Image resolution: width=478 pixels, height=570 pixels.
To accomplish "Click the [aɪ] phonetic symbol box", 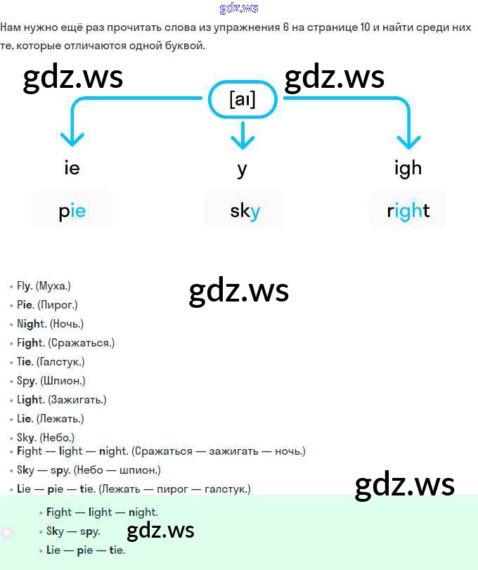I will coord(243,101).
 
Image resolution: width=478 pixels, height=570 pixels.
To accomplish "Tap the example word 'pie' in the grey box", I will coord(72,210).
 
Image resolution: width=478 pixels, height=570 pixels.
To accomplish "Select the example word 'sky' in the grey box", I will coord(245,210).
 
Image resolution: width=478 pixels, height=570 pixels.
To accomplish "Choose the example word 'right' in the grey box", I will coord(408,210).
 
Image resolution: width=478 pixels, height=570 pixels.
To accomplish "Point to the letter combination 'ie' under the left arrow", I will coord(72,168).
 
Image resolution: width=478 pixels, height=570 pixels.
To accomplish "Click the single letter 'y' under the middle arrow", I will coord(243,169).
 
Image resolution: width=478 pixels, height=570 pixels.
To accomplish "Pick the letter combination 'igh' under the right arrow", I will coord(408,168).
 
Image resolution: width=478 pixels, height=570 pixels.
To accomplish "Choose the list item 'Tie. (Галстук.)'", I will coord(51,362).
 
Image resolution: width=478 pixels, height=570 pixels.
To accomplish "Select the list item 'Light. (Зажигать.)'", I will coord(61,400).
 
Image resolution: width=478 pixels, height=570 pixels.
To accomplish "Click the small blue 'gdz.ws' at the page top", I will coord(239,8).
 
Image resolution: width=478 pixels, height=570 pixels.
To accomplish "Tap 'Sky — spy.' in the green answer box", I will coord(73,531).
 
